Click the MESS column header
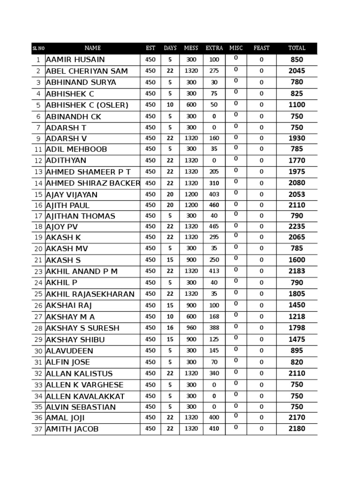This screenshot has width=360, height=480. [191, 48]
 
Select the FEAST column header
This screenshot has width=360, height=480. [261, 48]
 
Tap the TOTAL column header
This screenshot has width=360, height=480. [297, 48]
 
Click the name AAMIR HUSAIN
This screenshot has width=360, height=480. [75, 60]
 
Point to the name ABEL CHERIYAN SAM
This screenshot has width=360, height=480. [87, 71]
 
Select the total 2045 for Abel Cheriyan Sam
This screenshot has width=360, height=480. [297, 71]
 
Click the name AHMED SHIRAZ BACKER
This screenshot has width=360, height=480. [93, 183]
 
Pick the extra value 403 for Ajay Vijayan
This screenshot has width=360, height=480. [214, 195]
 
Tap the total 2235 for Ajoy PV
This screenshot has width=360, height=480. [297, 227]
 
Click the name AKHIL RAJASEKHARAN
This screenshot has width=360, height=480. [90, 294]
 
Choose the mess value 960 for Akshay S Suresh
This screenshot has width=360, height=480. [191, 328]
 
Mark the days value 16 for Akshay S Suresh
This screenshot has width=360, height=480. [170, 328]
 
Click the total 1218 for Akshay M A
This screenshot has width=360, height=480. [297, 317]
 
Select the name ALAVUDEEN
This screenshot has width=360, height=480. [69, 351]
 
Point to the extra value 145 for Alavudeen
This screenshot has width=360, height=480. [214, 351]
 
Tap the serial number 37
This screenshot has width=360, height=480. [38, 429]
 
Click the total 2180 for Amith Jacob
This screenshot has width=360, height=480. [297, 429]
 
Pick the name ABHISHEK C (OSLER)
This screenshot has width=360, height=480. [87, 105]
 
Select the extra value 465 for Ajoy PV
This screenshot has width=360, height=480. [214, 227]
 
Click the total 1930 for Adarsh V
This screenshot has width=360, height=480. [297, 139]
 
